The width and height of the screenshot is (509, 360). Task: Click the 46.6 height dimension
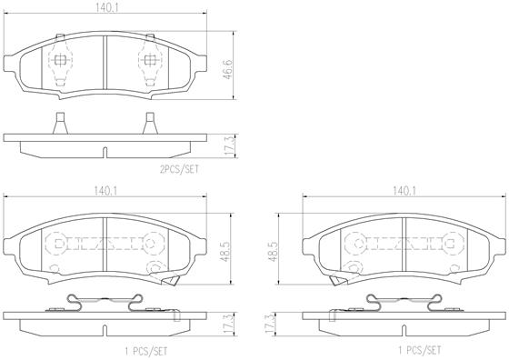pos(228,69)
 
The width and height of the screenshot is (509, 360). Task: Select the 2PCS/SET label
pos(179,169)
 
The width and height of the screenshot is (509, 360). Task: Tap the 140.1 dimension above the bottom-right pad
pos(404,191)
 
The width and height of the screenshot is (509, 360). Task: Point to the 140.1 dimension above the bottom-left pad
pos(105,191)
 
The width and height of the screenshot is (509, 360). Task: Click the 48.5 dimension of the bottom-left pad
pos(226,251)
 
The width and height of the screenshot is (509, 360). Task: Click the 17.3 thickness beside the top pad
pos(229,146)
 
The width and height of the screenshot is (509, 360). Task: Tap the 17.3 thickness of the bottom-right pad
pos(269,324)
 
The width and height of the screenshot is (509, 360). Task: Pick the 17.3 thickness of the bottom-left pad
pos(229,324)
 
